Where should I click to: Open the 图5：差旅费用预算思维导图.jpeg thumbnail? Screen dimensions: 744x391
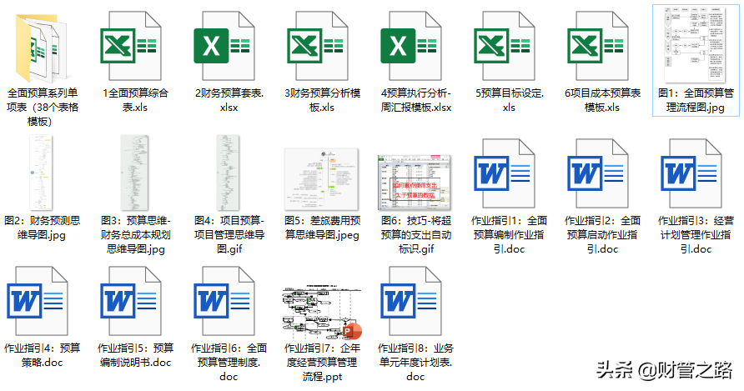321,178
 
